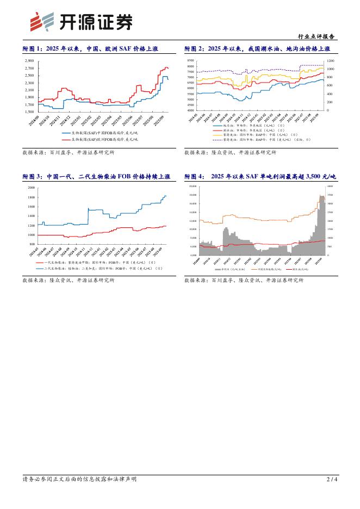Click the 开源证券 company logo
(x=81, y=22)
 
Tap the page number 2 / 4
(x=332, y=479)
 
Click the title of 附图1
(x=90, y=49)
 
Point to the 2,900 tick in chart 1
(x=29, y=61)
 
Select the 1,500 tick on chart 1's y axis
(x=29, y=111)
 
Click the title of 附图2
(x=261, y=49)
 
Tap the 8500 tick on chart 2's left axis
(x=191, y=61)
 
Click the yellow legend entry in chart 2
(x=250, y=135)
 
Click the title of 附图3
(x=96, y=177)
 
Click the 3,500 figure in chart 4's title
(x=319, y=177)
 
